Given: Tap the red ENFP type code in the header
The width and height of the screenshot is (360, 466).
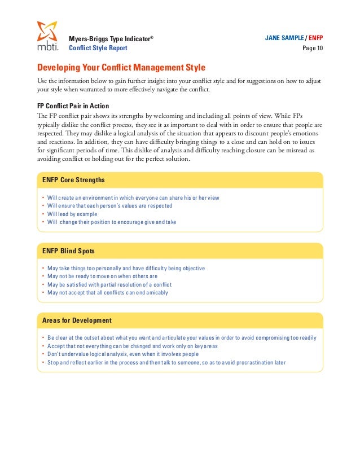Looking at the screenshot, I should (x=321, y=38).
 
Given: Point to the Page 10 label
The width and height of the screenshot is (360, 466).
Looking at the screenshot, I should (x=313, y=48).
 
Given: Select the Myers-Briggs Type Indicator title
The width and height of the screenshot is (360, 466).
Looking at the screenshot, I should (x=111, y=38).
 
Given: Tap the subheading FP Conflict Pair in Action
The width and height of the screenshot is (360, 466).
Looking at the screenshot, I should (x=73, y=106).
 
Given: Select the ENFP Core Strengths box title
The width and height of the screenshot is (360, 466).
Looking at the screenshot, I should (x=73, y=180).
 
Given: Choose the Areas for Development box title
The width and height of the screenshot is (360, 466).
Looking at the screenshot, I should (x=77, y=320).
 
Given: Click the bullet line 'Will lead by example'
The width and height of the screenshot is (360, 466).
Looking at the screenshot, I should (x=72, y=214).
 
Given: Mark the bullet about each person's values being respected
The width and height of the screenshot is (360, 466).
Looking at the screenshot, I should (x=110, y=206).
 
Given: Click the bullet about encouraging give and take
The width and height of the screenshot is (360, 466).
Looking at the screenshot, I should (x=112, y=222).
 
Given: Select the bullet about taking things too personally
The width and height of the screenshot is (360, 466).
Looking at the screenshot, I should (x=126, y=268).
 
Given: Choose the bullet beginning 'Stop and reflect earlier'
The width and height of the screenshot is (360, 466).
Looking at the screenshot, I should (x=166, y=362).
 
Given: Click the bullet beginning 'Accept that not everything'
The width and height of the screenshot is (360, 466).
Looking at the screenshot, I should (x=133, y=346).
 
